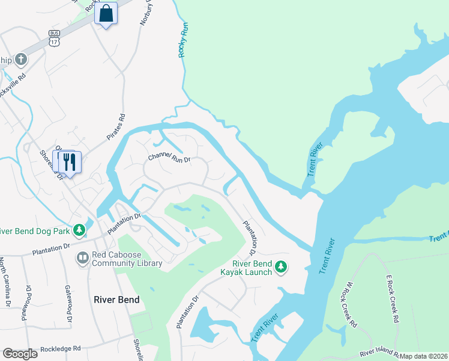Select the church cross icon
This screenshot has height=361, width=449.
[21, 59]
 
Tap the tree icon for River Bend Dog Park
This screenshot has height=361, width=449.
[79, 230]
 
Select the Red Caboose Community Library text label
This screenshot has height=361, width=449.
[127, 258]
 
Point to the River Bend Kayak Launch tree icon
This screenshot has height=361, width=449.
[280, 267]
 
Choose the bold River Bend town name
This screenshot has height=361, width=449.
[116, 300]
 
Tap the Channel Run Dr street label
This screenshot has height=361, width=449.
[169, 159]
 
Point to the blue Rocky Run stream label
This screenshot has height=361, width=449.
[184, 40]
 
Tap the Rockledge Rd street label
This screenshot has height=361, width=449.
[60, 348]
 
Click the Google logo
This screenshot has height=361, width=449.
[20, 354]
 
